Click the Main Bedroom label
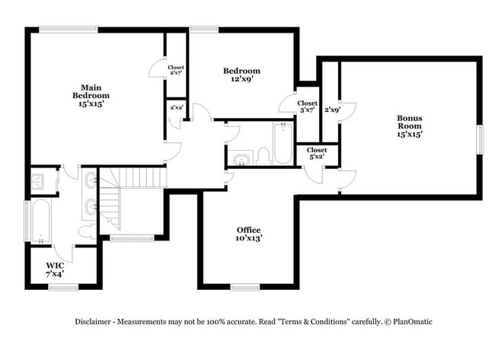click(x=91, y=95)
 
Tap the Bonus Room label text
click(x=409, y=126)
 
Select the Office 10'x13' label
click(x=248, y=234)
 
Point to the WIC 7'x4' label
click(x=55, y=269)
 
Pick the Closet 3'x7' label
click(x=307, y=107)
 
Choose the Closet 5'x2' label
click(x=317, y=154)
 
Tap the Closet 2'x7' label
click(x=176, y=72)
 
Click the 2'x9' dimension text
click(x=332, y=110)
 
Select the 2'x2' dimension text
click(x=176, y=108)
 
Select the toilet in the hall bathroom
click(x=263, y=155)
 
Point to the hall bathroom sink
click(x=242, y=160)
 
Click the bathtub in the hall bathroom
click(x=283, y=145)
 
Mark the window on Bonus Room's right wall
click(x=480, y=139)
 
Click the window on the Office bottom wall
click(x=246, y=287)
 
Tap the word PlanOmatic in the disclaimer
click(x=411, y=322)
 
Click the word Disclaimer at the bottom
click(x=94, y=322)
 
